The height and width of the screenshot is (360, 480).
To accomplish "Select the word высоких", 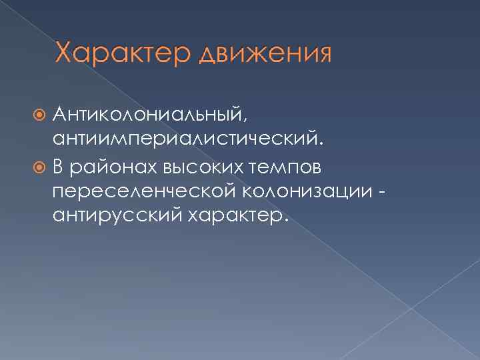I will (x=213, y=165).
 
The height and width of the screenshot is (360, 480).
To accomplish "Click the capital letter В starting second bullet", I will (x=61, y=165).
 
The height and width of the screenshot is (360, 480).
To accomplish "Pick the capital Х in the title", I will (x=65, y=51).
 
